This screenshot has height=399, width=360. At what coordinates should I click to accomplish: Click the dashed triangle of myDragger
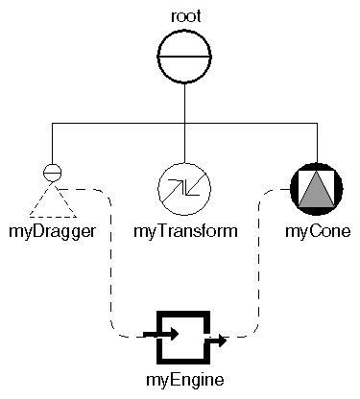coord(54,201)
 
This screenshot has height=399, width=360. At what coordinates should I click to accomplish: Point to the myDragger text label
coord(54,232)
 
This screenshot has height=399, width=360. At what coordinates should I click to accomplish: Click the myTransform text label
coord(184,232)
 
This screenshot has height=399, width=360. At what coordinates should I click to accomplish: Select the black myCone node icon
coord(313,188)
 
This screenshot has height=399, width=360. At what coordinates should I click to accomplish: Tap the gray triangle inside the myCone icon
coord(313,190)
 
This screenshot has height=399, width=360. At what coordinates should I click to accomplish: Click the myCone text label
coord(317,232)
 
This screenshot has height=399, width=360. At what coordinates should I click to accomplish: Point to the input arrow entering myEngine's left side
coord(159,335)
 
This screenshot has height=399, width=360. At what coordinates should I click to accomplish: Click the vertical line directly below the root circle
coord(182,106)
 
